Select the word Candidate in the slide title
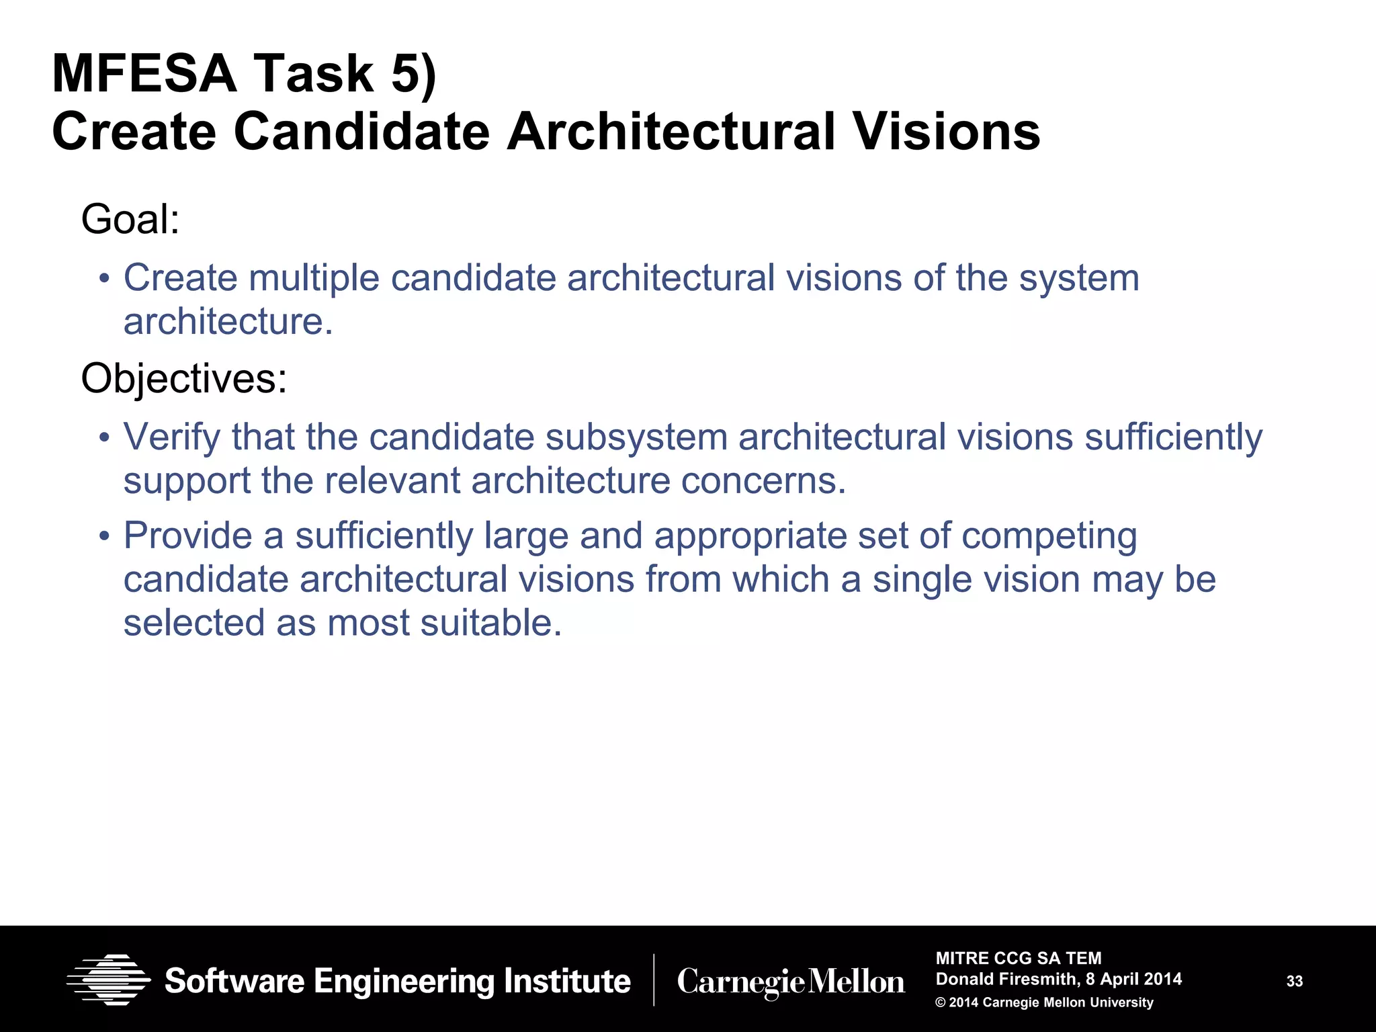(x=361, y=132)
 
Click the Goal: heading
(x=130, y=219)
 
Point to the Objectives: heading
(x=183, y=378)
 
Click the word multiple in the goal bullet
(x=314, y=278)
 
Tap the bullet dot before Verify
(x=103, y=438)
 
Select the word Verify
(x=171, y=437)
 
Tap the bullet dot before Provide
(x=103, y=537)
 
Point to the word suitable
(x=490, y=623)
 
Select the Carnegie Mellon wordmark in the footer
(x=791, y=982)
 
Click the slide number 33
(x=1294, y=982)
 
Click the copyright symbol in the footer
(x=941, y=1003)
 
